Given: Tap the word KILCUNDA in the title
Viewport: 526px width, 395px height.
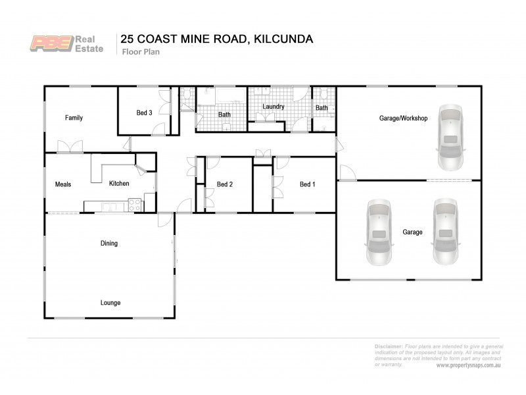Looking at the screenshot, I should (x=279, y=39).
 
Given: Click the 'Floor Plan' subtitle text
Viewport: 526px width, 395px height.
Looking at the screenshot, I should (x=137, y=53).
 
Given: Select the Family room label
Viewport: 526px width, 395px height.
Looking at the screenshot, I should (x=74, y=118).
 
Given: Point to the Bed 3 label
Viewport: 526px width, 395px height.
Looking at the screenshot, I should (x=144, y=113).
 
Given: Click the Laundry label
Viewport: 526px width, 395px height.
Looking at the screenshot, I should (x=273, y=106).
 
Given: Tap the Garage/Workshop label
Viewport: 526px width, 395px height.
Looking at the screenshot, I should (x=404, y=118).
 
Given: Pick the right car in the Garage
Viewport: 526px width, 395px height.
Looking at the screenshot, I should (x=444, y=232).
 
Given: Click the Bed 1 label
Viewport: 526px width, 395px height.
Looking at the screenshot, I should (x=307, y=184).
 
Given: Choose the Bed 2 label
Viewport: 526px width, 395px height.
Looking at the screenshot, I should (x=225, y=184).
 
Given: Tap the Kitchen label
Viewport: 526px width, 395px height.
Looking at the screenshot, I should (x=119, y=184).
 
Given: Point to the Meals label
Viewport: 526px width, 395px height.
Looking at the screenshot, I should (x=63, y=184).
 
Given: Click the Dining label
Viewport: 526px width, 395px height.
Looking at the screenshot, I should (x=109, y=244).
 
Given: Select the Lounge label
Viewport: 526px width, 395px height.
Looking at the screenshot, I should (x=110, y=303).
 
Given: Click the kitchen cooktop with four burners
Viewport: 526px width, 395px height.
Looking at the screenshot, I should (x=135, y=205).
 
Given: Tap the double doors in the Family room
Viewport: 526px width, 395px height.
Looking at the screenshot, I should (x=70, y=147).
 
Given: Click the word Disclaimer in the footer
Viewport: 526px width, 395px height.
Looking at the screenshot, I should (x=389, y=346).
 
